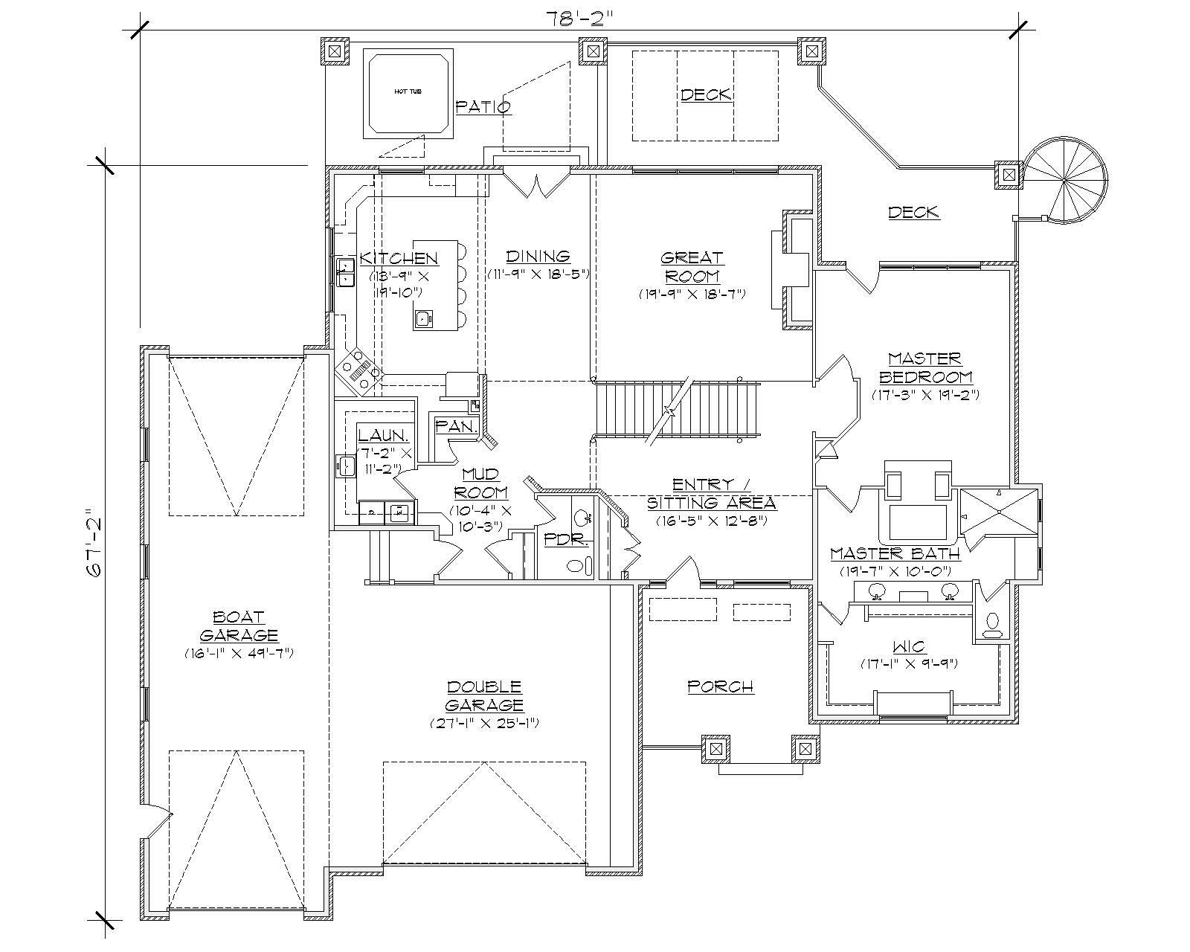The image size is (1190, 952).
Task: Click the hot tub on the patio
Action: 408,93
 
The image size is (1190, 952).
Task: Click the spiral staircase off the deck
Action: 1065,179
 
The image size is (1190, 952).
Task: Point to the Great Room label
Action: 692,267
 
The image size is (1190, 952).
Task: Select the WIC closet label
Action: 908,647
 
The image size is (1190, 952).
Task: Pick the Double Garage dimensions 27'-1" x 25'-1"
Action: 484,722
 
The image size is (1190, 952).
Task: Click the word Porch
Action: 720,686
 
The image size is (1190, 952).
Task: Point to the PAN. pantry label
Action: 456,426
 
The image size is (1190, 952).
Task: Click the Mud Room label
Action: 484,483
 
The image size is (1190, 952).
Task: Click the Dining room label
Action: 538,257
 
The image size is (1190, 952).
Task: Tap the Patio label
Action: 483,106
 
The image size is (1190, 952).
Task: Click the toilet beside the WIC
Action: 991,624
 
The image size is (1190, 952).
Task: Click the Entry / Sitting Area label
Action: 711,493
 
